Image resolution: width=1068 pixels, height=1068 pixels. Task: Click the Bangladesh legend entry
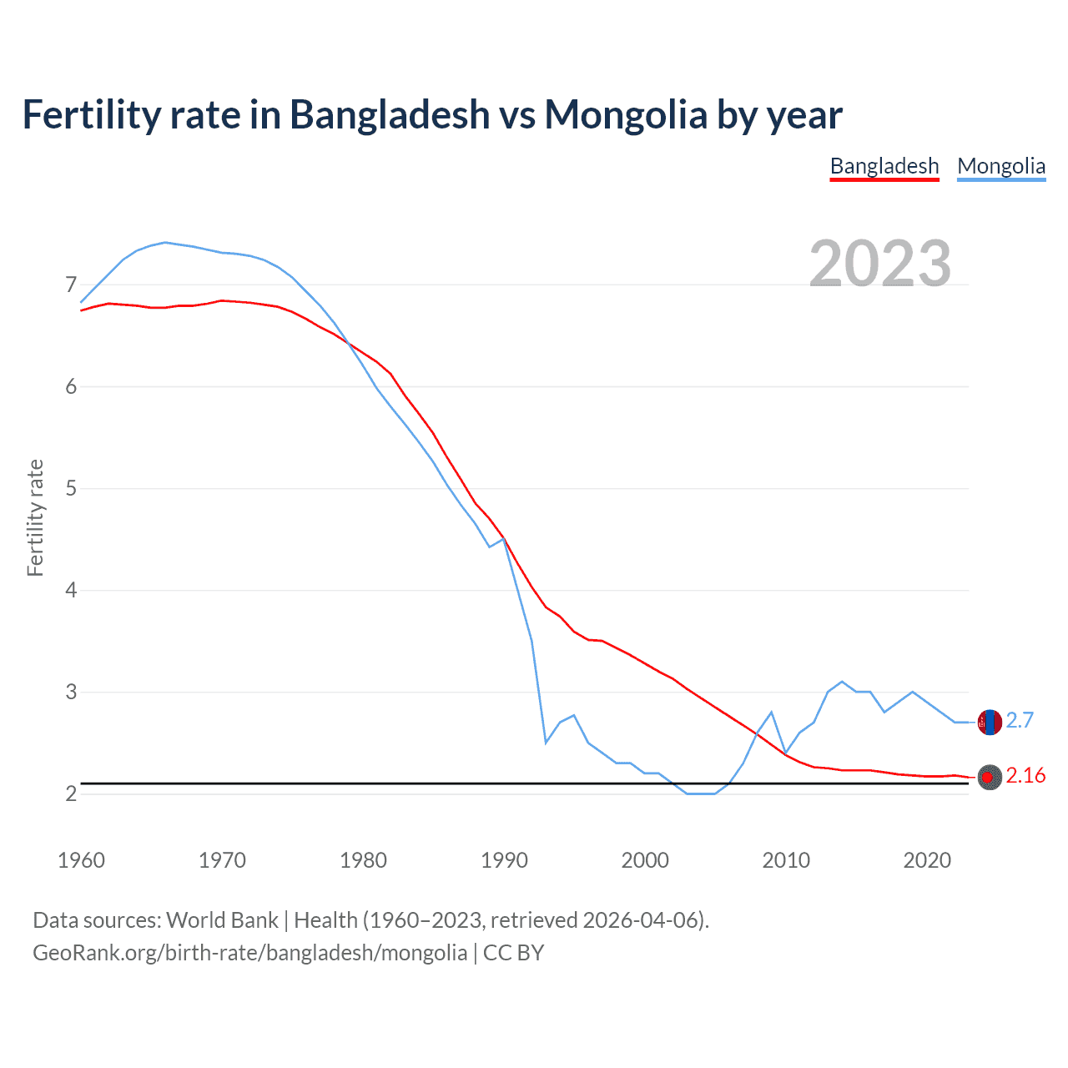pos(884,167)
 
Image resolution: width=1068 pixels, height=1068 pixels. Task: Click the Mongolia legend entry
pos(1001,167)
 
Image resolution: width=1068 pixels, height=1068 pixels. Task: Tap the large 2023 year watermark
pos(880,264)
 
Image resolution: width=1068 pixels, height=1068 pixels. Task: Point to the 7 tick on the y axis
pos(71,285)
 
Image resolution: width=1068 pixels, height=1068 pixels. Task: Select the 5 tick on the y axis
pos(71,488)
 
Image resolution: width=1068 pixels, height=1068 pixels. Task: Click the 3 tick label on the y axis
pos(71,692)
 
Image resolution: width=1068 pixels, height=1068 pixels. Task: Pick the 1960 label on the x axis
pos(81,860)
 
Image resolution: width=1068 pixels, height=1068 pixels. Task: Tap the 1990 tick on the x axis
pos(504,860)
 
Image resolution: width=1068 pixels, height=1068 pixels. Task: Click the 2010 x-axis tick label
pos(786,860)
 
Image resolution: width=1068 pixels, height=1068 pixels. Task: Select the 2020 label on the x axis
pos(927,860)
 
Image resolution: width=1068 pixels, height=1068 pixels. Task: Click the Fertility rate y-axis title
pos(35,517)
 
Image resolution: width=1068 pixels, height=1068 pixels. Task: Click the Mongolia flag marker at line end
pos(990,722)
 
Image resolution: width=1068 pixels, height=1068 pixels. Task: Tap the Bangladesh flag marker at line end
pos(990,777)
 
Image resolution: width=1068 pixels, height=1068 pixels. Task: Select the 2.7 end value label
pos(1020,720)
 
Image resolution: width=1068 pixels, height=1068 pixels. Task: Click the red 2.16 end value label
pos(1025,776)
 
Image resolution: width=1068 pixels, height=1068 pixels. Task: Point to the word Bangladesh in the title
pos(390,114)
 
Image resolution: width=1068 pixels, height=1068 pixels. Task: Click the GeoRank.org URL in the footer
pos(249,953)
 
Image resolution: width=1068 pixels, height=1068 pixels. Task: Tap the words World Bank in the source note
pos(222,920)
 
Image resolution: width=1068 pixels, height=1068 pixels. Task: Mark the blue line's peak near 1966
pos(165,242)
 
